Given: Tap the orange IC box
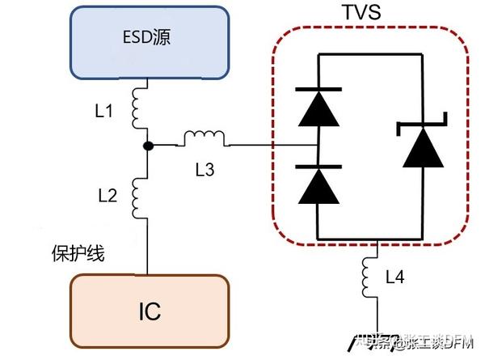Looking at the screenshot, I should coord(147,311).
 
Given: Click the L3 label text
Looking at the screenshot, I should coord(206,169).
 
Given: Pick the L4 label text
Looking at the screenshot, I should coord(394,277).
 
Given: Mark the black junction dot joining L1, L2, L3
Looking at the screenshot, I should coord(147,146).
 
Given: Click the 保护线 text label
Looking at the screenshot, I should coord(78,254).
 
